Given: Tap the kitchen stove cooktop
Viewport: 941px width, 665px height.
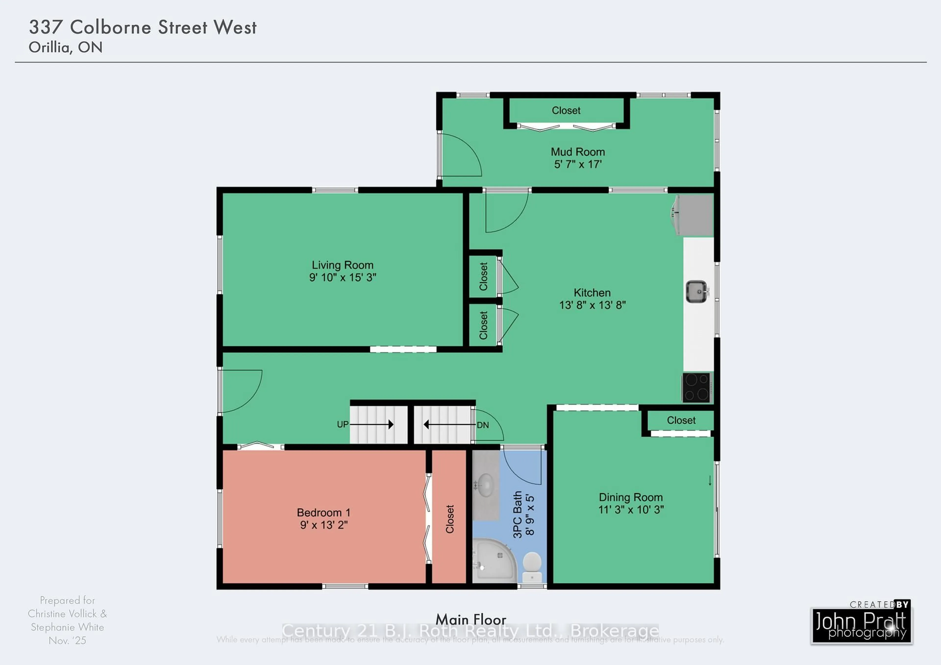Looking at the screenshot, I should click(x=697, y=387).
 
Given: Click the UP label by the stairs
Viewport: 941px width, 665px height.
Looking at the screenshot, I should click(x=343, y=424).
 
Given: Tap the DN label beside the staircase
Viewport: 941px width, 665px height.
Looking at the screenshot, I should click(x=483, y=425).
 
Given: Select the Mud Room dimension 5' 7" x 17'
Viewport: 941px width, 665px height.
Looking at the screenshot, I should click(x=578, y=165).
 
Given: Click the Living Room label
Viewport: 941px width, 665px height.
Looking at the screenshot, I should click(x=343, y=265).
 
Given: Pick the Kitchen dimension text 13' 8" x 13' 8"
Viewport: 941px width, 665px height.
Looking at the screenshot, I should click(x=592, y=305).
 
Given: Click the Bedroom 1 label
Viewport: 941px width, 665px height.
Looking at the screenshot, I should click(x=324, y=513).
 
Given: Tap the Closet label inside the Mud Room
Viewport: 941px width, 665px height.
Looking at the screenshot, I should click(x=566, y=111).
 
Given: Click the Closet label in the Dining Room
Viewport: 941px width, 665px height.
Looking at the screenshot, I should click(x=681, y=420).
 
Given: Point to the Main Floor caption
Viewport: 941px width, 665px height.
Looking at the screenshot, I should click(x=471, y=619).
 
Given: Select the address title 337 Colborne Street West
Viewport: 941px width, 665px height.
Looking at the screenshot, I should click(x=143, y=27).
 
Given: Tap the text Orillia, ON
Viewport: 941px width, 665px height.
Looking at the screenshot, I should click(x=66, y=48).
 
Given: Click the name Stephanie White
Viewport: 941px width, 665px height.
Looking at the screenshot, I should click(x=68, y=627).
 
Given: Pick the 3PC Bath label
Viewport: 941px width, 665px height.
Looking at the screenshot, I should click(x=518, y=514).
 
